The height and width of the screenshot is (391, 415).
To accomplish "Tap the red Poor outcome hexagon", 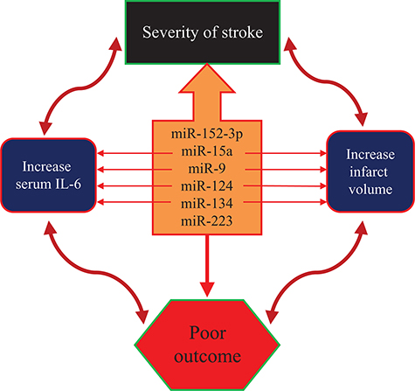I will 208,343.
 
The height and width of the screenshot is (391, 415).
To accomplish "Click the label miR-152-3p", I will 208,134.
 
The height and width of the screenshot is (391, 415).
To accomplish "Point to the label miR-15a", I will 208,152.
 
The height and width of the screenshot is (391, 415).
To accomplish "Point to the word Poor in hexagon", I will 208,332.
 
